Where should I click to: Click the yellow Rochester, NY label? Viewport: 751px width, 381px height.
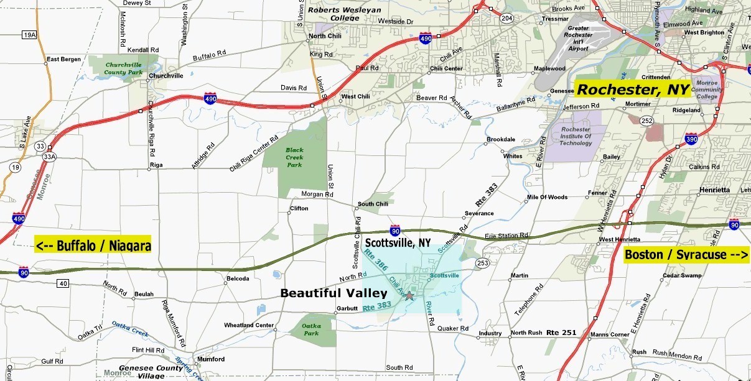633,90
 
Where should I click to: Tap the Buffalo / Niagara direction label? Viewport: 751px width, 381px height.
93,246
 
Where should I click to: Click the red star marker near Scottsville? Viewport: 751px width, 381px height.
409,296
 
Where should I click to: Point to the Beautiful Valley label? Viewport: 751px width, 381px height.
334,293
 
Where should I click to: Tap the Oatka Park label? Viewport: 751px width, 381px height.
310,329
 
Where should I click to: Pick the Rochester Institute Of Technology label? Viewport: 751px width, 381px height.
576,135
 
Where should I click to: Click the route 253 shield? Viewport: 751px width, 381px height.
482,264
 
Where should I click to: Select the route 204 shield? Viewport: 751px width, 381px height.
508,19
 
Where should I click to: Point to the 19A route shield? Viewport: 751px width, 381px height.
29,35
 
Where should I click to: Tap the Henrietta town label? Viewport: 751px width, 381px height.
714,190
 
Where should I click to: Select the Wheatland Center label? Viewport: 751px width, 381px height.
249,325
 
